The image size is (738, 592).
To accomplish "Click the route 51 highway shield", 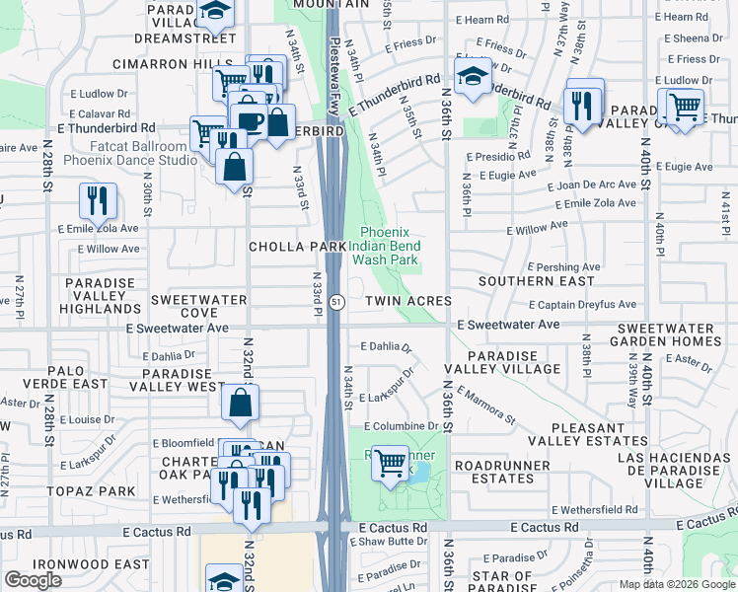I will [337, 301].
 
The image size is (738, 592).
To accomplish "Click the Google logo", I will [33, 579].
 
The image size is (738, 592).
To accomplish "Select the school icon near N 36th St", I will [473, 76].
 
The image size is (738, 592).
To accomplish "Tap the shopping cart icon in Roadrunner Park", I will [391, 460].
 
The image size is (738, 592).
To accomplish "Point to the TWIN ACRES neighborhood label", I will [408, 301].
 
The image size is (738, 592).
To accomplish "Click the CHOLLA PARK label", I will [297, 247].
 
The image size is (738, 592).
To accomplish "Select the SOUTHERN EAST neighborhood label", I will [537, 281].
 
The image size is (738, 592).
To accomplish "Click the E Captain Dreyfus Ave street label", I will [586, 305].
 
